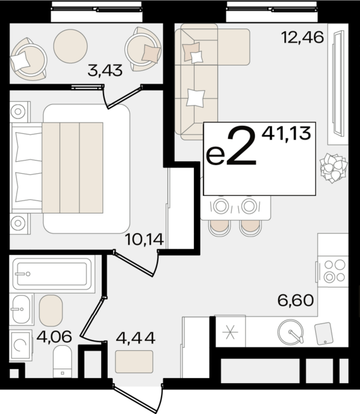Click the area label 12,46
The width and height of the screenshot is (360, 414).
pos(303,37)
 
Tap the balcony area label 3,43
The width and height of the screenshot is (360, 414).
pos(105,71)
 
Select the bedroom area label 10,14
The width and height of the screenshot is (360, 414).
pos(145,240)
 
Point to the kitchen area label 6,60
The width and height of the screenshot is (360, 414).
pos(296,300)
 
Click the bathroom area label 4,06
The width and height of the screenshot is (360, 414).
pos(54,337)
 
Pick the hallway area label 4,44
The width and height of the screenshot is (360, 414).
pos(136,338)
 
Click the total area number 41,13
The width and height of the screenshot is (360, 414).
pos(286,133)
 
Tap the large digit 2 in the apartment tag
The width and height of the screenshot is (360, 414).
pos(241,147)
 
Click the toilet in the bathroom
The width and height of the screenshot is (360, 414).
pos(63,362)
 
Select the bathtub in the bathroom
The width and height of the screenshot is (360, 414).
pos(52,274)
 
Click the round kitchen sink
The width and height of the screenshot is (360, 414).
pos(291,332)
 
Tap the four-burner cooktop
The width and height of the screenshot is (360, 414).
pos(333,271)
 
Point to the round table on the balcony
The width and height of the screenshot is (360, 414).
pos(70,46)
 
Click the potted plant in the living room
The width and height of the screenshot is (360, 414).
pos(333,168)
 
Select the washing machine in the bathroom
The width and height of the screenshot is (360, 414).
pos(21,345)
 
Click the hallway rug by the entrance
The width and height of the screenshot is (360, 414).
pos(135,362)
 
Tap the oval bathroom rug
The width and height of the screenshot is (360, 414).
pos(51,310)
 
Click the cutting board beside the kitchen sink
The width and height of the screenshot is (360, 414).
pos(323,334)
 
